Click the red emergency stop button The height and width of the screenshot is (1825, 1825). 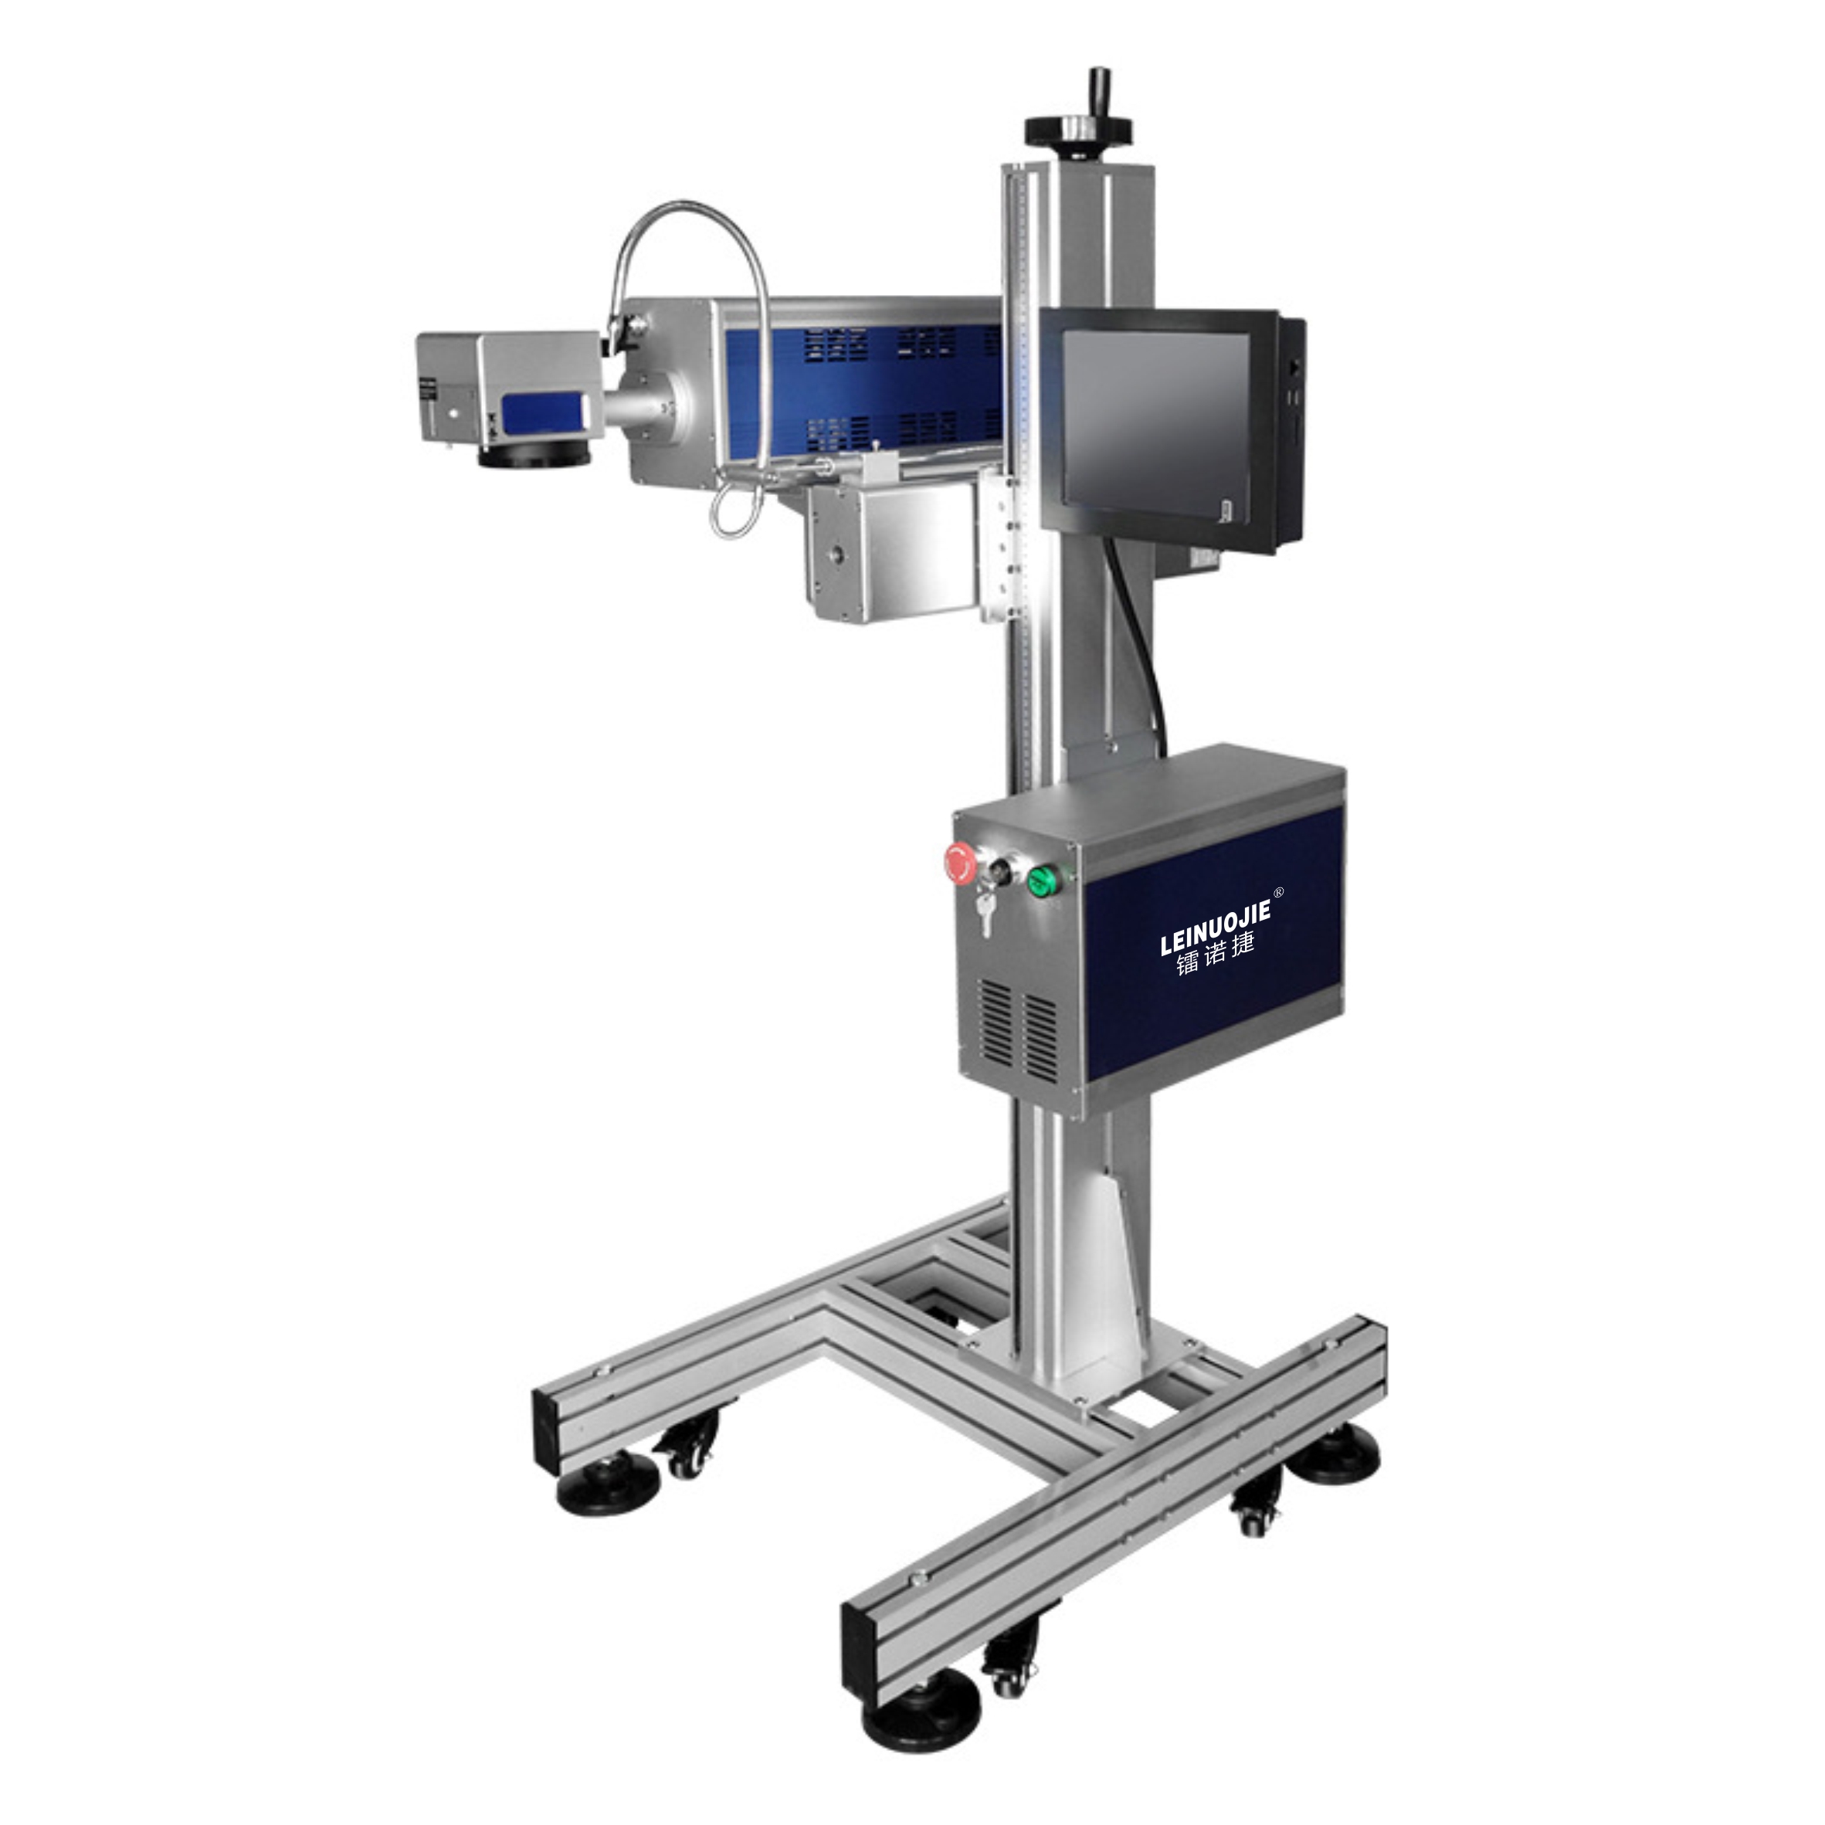click(961, 861)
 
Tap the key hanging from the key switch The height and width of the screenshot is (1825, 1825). click(987, 914)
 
